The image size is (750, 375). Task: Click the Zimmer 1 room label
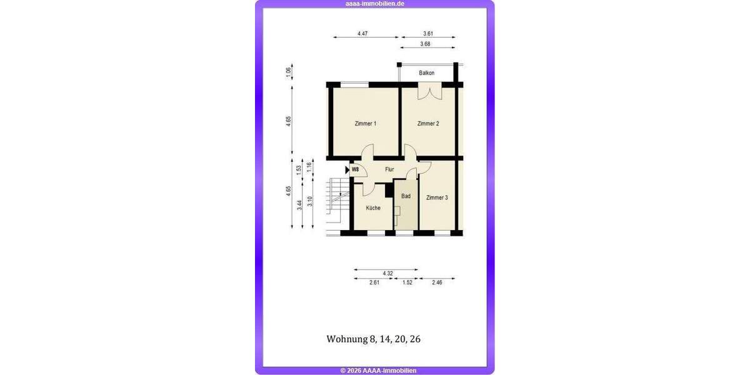click(x=365, y=124)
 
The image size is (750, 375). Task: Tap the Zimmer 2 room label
click(x=428, y=124)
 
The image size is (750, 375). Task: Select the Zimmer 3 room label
click(x=437, y=197)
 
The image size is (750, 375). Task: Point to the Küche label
click(x=373, y=207)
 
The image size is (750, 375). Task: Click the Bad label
click(x=406, y=196)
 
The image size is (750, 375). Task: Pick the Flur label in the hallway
click(x=389, y=169)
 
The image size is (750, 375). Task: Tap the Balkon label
click(x=427, y=73)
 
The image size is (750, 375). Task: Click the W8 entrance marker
click(x=354, y=169)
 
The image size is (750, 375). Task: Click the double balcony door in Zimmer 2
click(x=428, y=92)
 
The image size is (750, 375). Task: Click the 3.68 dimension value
click(x=425, y=44)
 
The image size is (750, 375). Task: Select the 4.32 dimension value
click(x=387, y=273)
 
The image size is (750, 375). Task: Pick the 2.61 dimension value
click(x=375, y=283)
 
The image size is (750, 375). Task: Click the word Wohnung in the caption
click(x=347, y=339)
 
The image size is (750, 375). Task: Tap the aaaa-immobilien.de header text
click(x=375, y=4)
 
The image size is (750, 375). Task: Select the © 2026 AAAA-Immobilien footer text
click(x=378, y=371)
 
